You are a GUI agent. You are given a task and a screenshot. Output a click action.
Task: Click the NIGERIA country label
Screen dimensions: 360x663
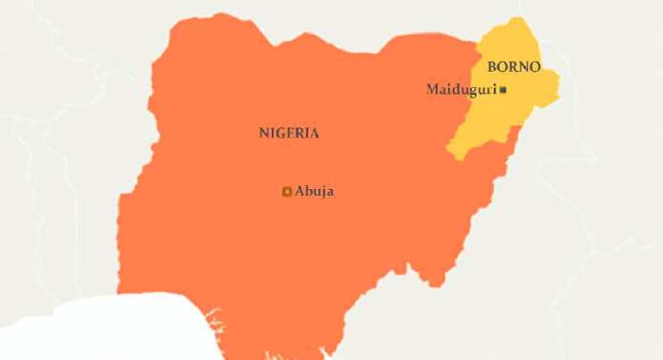tap(289, 133)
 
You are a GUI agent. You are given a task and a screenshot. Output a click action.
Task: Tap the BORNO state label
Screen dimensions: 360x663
tap(513, 67)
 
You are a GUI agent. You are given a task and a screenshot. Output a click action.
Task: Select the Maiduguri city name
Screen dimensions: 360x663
tap(461, 90)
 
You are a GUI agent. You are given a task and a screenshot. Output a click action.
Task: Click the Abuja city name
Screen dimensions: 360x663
tap(314, 191)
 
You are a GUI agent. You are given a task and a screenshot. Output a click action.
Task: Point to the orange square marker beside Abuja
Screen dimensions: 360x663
tap(287, 191)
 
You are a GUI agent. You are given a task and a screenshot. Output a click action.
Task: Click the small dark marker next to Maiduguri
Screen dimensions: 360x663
tap(503, 90)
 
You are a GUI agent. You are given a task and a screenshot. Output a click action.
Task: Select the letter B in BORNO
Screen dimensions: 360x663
tap(491, 67)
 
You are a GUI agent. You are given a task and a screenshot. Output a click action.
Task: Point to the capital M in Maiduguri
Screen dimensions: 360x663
tap(432, 90)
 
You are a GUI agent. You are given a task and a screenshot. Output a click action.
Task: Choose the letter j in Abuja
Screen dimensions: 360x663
tap(323, 192)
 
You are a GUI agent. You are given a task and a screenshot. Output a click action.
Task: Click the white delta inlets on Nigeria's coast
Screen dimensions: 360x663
tap(216, 323)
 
